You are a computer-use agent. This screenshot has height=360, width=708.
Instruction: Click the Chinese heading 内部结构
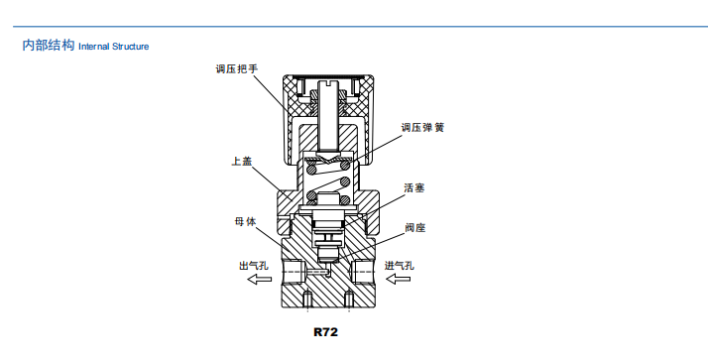point(49,46)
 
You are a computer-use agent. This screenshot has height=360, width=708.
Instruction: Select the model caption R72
point(326,333)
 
